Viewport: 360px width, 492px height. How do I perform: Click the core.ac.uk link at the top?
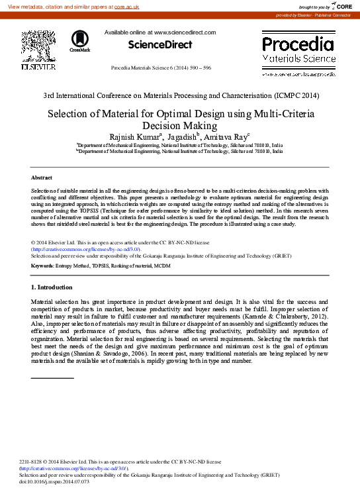point(126,6)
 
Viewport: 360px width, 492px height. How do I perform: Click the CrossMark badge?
point(79,41)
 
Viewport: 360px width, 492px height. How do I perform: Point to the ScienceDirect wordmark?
point(161,45)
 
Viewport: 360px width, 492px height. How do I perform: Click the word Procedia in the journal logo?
point(298,44)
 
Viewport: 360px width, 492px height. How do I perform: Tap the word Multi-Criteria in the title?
point(284,113)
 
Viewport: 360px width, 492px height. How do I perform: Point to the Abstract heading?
point(42,178)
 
